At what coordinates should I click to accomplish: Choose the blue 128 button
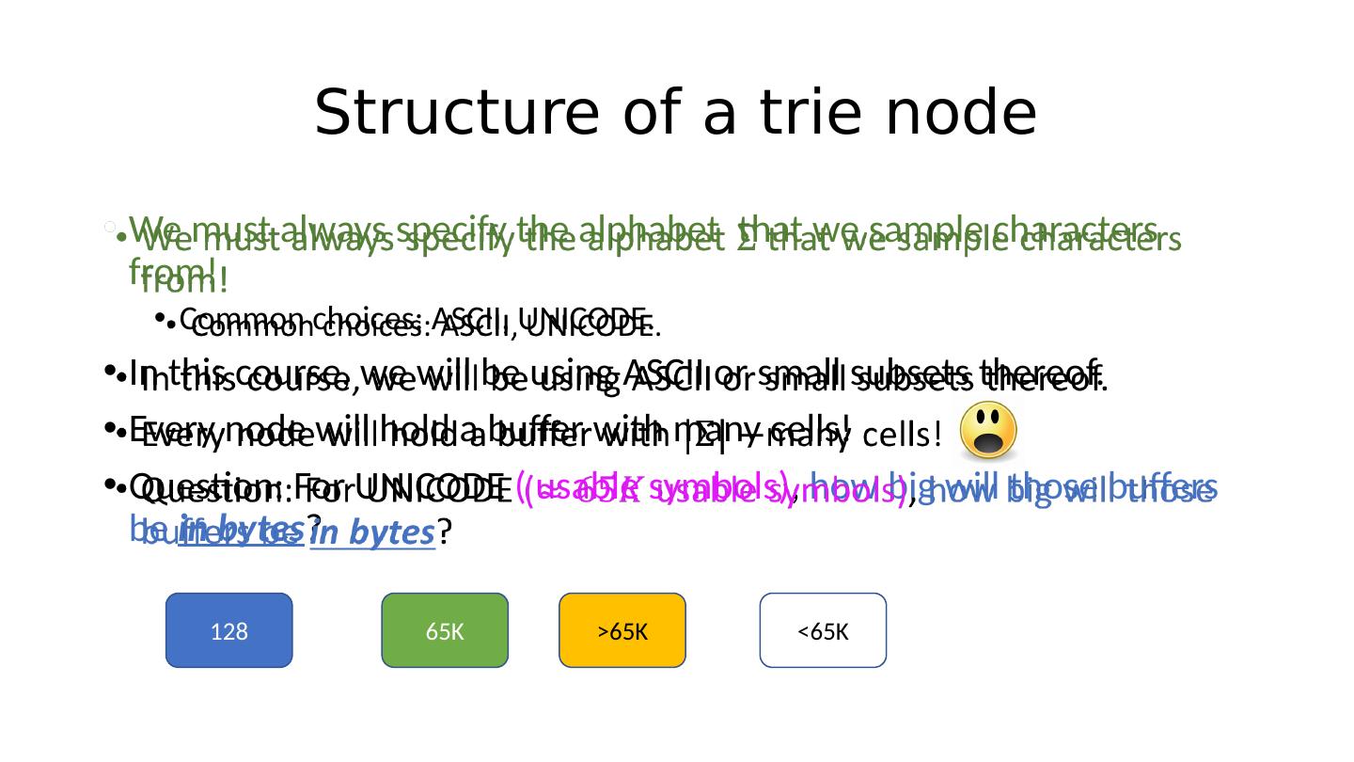coord(228,630)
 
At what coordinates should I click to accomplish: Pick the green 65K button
coord(445,630)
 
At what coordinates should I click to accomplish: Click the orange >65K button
coord(622,630)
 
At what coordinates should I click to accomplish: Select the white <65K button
coord(823,630)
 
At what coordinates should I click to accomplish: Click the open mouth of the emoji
coord(988,443)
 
